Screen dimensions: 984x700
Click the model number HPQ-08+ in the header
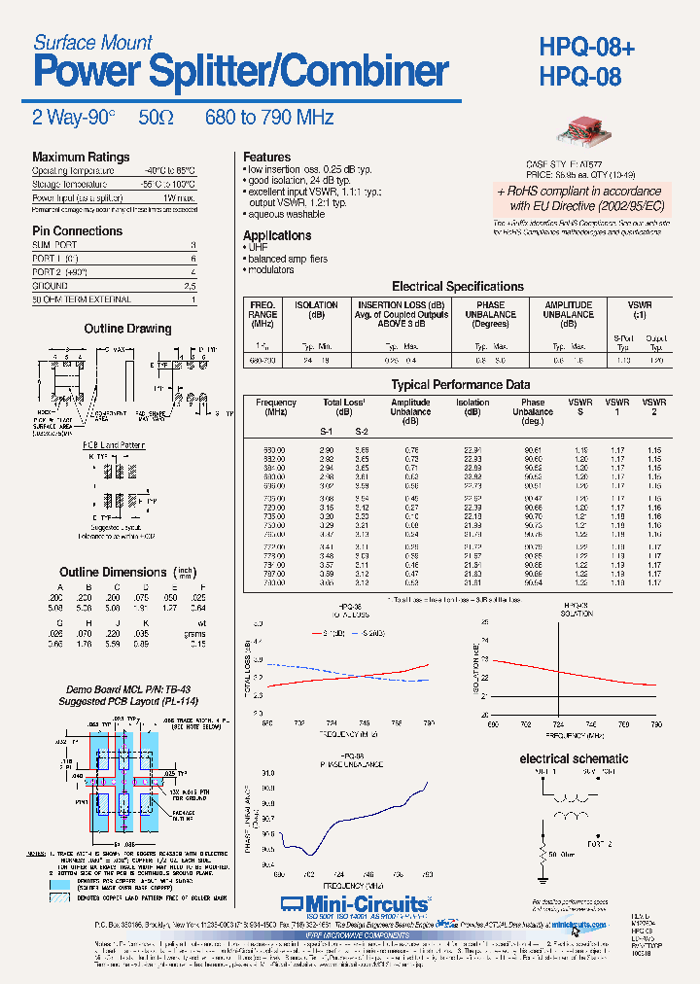coord(586,47)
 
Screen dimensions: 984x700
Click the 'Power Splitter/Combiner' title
coord(241,72)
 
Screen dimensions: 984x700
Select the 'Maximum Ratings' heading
coord(81,158)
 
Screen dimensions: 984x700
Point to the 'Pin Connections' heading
coord(77,231)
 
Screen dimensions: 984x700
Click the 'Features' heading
coord(266,158)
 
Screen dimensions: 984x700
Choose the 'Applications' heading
coord(277,236)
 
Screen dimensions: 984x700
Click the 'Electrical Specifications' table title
coord(457,287)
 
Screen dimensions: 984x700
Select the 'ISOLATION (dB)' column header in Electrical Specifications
coord(316,310)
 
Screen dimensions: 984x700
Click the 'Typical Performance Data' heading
coord(460,385)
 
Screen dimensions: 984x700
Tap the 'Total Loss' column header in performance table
coord(344,403)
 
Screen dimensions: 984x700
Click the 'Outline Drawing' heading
coord(127,330)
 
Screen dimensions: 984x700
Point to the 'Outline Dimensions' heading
coord(113,573)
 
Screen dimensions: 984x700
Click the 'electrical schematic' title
coord(574,758)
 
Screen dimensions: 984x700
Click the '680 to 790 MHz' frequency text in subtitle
coord(269,118)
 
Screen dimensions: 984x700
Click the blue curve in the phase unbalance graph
coord(369,815)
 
